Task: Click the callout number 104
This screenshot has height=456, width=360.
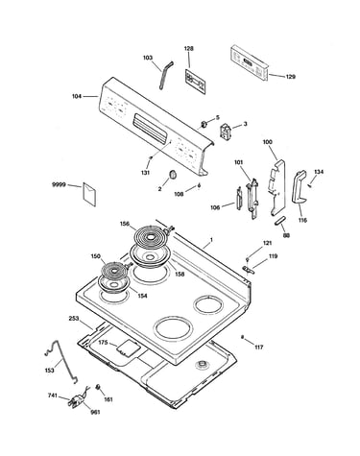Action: point(77,96)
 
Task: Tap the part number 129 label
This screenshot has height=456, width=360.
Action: point(291,77)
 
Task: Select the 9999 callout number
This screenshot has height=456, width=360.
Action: point(59,184)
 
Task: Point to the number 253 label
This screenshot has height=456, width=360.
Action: point(74,319)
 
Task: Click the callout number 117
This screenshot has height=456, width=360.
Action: point(259,347)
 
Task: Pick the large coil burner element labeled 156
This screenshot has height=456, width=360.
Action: point(150,237)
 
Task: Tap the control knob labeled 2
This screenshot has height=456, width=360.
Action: point(173,175)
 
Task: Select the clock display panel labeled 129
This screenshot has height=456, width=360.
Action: point(249,63)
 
